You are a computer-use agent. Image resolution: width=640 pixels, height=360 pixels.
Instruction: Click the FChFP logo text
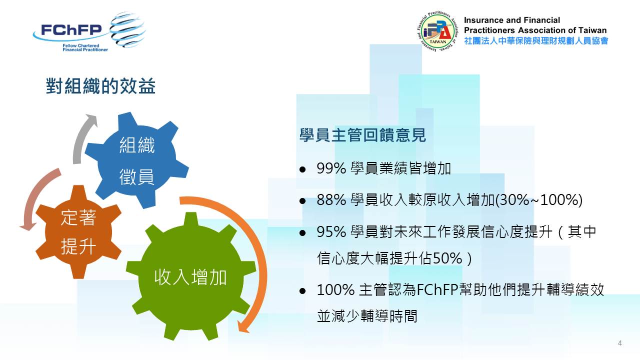click(x=71, y=29)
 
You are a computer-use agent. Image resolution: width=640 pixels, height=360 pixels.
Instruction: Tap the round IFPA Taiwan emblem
click(x=437, y=31)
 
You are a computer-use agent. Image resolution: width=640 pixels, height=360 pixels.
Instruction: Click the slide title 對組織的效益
click(x=100, y=85)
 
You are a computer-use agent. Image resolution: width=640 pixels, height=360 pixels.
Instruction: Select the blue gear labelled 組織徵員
click(x=137, y=160)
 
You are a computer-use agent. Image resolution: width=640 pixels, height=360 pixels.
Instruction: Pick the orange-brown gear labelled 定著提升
click(x=78, y=231)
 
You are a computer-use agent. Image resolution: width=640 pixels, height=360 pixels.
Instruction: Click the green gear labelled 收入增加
click(x=190, y=276)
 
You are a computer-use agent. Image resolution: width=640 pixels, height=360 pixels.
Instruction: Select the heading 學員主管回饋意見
click(x=362, y=135)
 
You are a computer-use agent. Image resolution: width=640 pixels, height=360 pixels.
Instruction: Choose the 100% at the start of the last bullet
click(x=335, y=289)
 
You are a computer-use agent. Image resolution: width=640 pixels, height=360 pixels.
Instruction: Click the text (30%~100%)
click(x=538, y=199)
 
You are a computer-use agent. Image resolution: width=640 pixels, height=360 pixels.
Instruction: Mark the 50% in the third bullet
click(x=447, y=258)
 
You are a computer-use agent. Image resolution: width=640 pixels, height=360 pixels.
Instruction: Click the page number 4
click(x=619, y=343)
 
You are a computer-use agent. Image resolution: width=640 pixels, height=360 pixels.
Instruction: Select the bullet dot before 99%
click(x=302, y=169)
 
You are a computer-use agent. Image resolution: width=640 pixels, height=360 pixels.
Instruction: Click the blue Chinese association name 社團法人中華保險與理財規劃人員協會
click(x=536, y=41)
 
